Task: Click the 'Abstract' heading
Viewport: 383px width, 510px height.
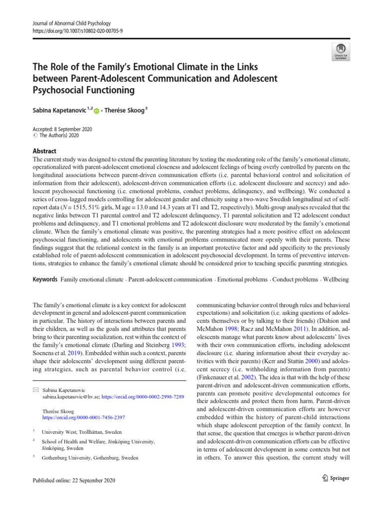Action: [44, 151]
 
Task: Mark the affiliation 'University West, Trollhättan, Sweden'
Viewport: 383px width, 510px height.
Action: [81, 432]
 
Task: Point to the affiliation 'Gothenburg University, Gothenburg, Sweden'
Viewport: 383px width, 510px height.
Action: [90, 457]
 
